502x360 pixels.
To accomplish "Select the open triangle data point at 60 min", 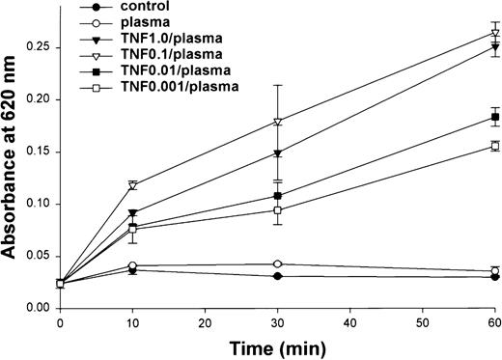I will pos(494,33).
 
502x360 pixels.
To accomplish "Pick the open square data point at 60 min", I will pos(494,146).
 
